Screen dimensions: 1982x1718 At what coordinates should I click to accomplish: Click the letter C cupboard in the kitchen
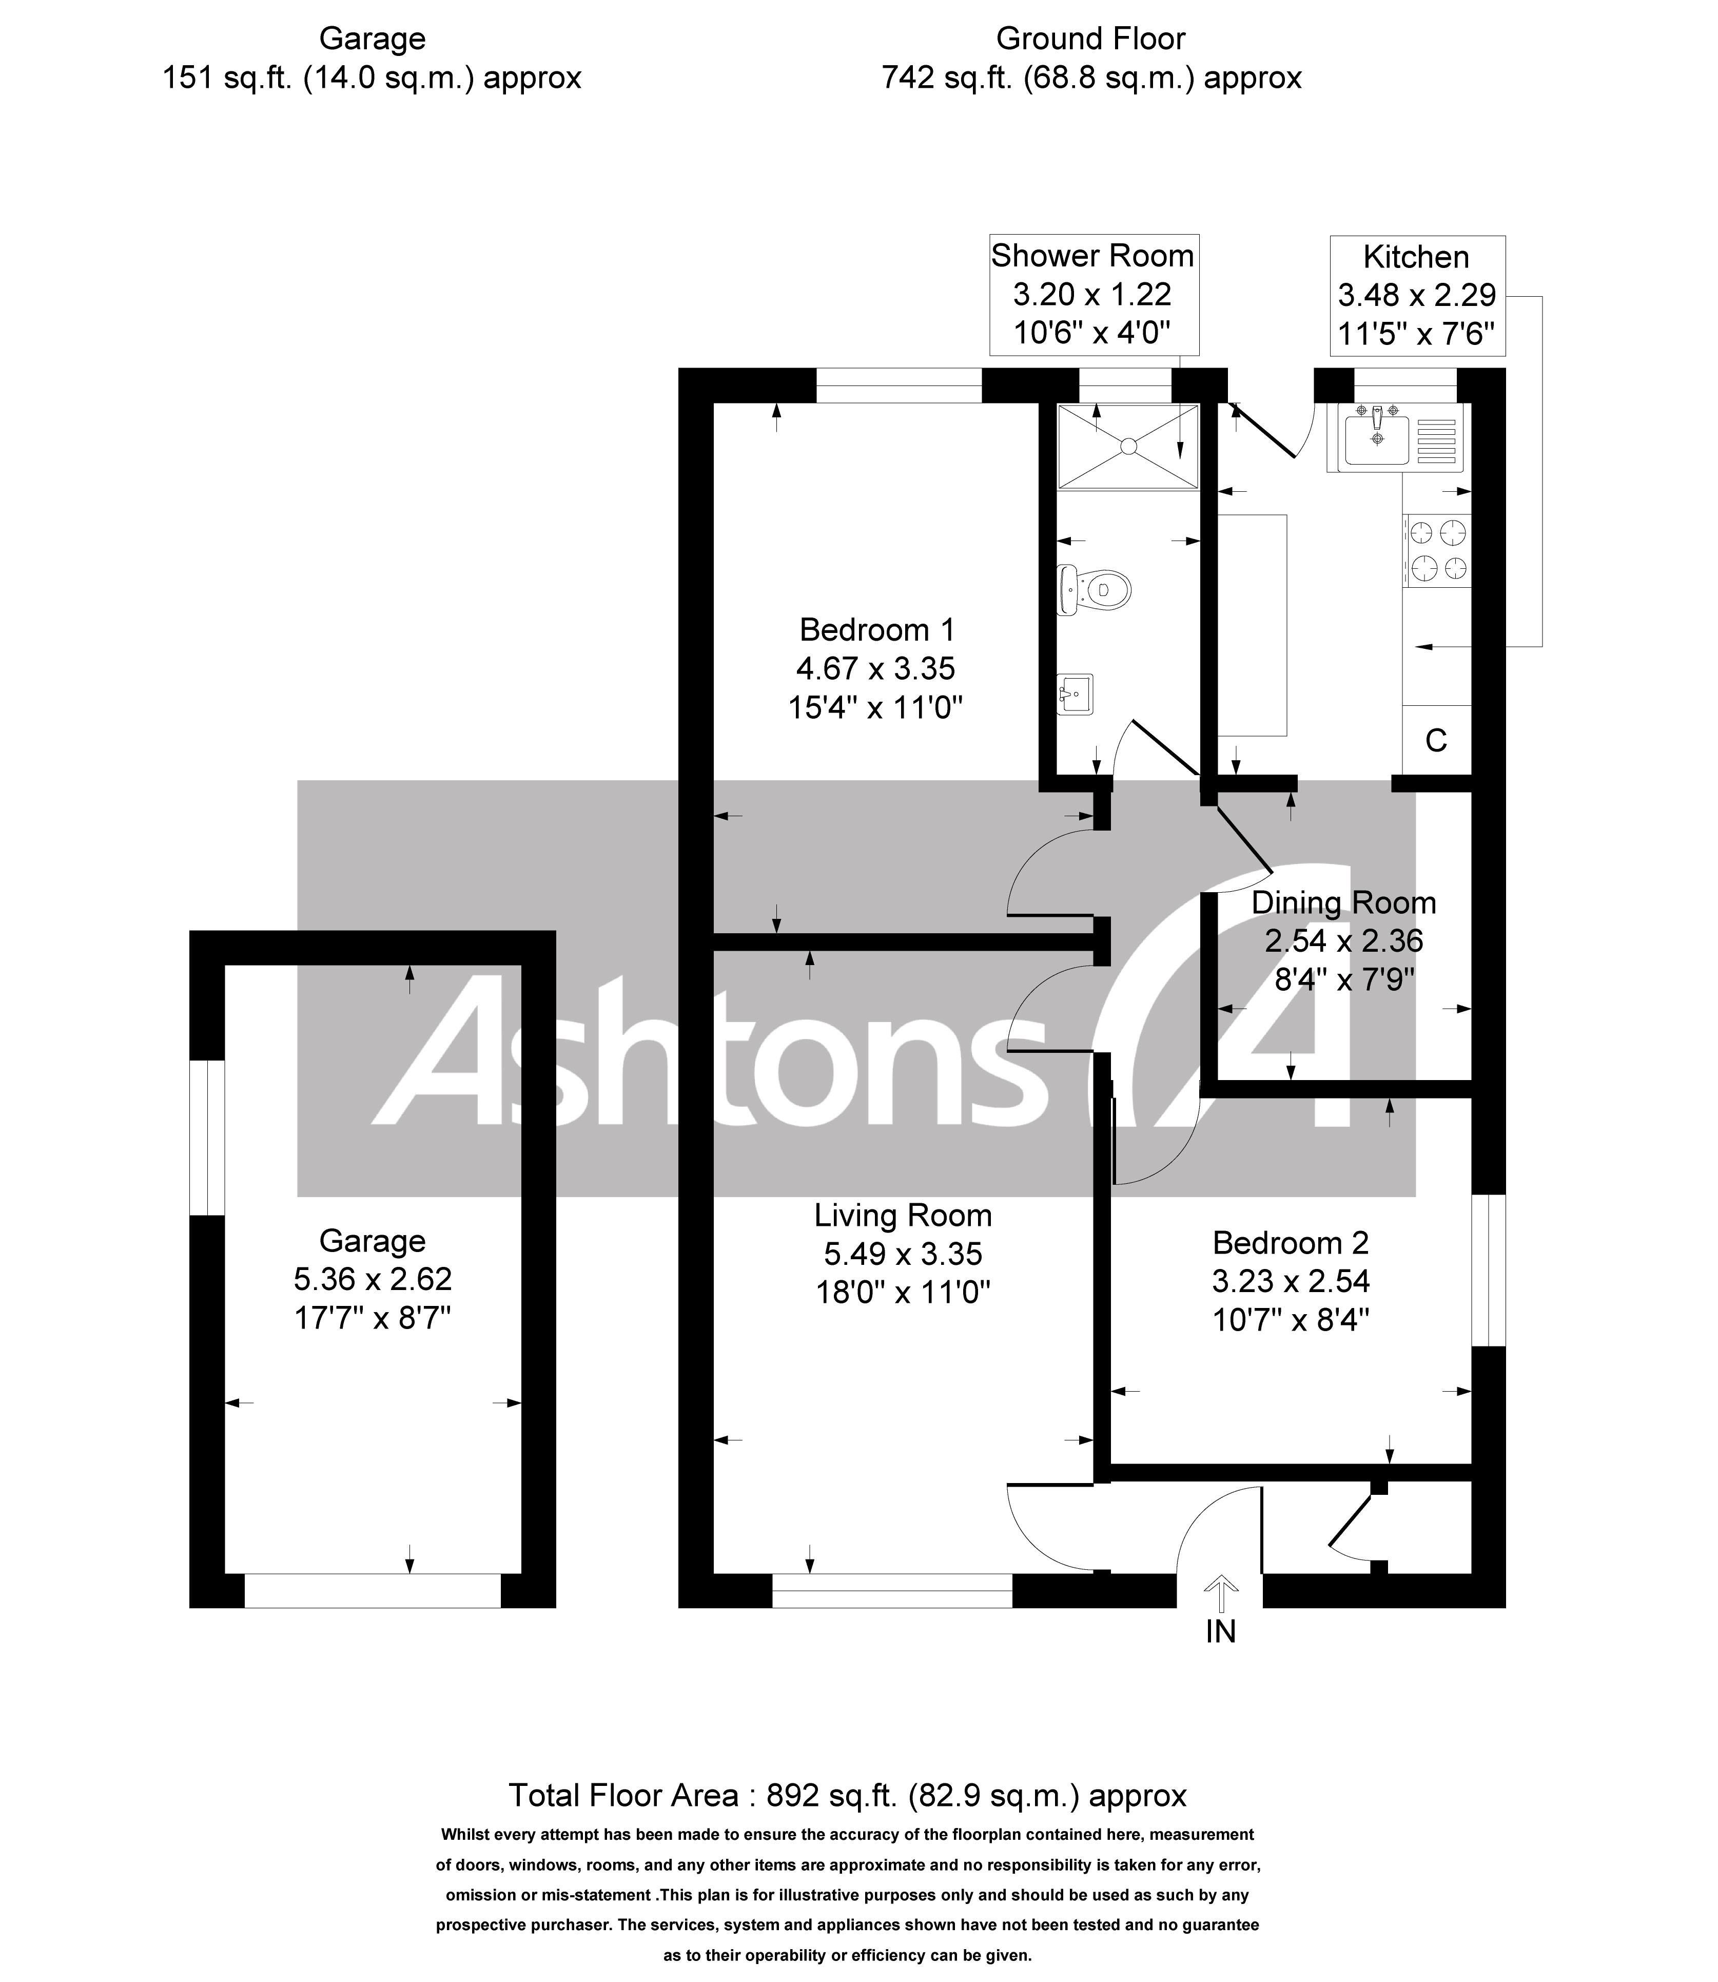1435,740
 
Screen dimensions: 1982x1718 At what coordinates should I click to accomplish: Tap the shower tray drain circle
1128,446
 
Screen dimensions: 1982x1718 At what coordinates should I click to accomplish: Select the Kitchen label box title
1416,257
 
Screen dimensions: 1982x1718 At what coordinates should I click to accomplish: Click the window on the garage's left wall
206,1137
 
